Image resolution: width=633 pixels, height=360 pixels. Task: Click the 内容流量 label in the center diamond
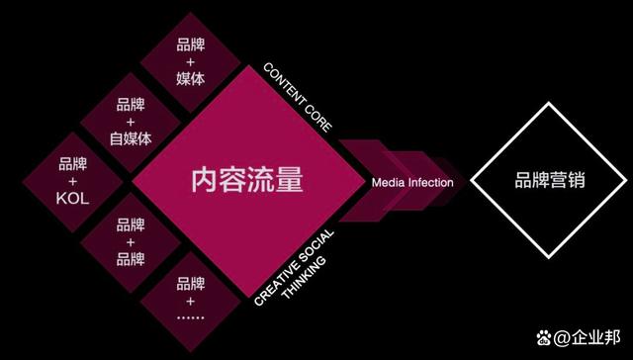coord(246,181)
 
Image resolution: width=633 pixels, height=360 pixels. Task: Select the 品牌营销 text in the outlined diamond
coord(548,181)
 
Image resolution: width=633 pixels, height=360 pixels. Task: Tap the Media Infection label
coord(412,183)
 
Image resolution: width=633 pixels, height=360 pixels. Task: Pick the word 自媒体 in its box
coord(132,138)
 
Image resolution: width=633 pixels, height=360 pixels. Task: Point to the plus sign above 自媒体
coord(132,122)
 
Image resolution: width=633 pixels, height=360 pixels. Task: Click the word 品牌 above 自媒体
coord(132,105)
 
